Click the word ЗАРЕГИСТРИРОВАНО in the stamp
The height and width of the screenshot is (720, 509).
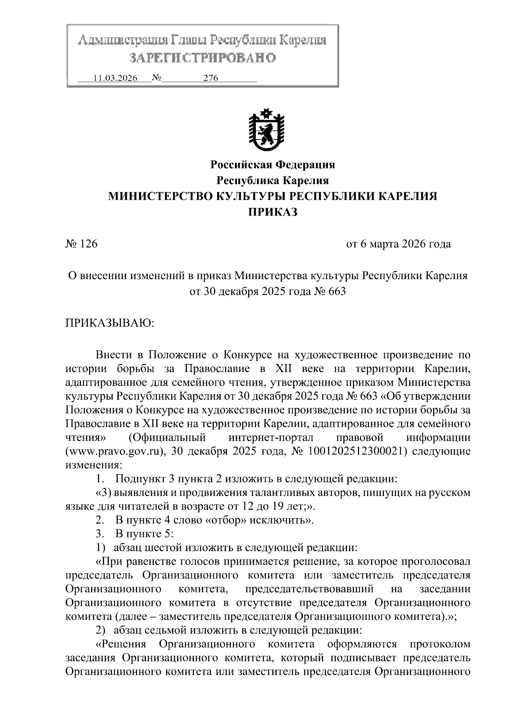pyautogui.click(x=202, y=57)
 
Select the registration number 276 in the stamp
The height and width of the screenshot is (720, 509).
pyautogui.click(x=210, y=78)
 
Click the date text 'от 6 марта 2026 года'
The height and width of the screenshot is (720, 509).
pyautogui.click(x=399, y=244)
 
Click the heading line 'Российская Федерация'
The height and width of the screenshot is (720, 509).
pyautogui.click(x=273, y=164)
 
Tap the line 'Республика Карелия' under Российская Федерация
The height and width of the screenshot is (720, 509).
pyautogui.click(x=273, y=180)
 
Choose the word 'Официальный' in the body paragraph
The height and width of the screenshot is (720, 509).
pyautogui.click(x=167, y=437)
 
